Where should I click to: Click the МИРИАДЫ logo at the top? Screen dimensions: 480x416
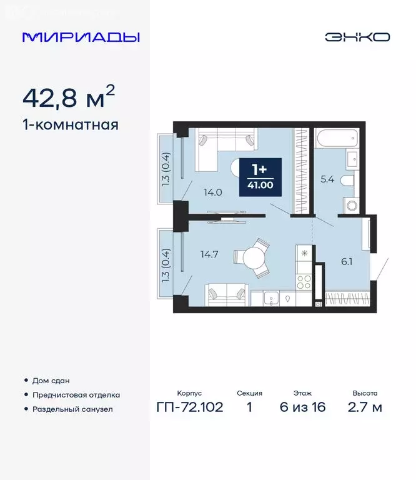tap(81, 37)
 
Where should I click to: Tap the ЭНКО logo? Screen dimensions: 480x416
tap(357, 37)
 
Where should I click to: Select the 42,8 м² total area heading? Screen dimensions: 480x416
tap(69, 97)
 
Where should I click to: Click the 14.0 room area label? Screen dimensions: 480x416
tap(212, 192)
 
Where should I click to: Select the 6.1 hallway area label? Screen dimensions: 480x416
tap(347, 262)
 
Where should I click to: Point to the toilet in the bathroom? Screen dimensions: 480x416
tap(347, 180)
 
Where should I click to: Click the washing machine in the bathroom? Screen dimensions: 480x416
tap(351, 204)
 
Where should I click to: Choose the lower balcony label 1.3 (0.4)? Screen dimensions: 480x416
tap(166, 262)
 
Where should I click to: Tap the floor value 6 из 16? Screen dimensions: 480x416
tap(302, 407)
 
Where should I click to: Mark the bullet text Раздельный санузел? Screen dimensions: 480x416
tap(72, 409)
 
